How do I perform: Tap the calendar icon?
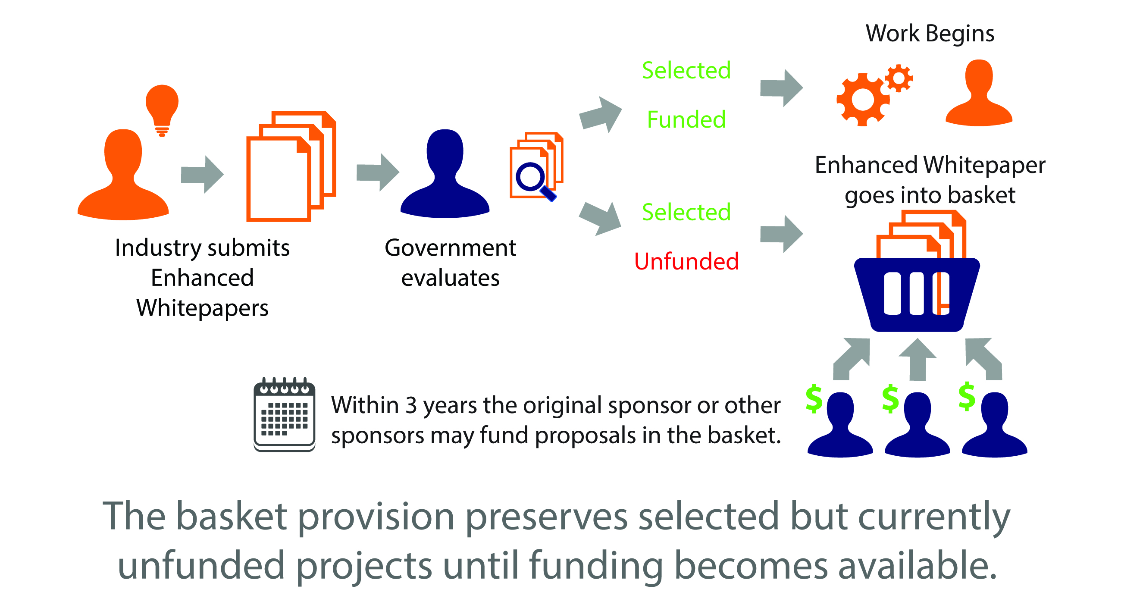click(285, 414)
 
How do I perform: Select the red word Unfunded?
click(686, 261)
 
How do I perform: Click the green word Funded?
click(686, 119)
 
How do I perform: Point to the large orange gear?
click(863, 100)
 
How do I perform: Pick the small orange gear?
click(899, 78)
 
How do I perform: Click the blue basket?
click(917, 295)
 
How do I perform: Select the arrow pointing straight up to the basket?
click(918, 360)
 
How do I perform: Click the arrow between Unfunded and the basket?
click(781, 234)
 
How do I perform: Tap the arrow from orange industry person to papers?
click(202, 174)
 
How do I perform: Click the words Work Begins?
click(930, 34)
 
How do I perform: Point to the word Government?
click(451, 248)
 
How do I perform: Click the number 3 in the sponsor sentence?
click(411, 405)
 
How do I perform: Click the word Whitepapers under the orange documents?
click(202, 308)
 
